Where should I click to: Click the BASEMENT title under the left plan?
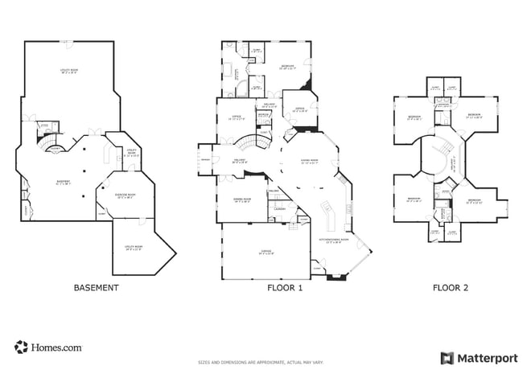(97, 287)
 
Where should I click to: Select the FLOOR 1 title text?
(285, 287)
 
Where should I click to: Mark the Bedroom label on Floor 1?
(287, 67)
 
